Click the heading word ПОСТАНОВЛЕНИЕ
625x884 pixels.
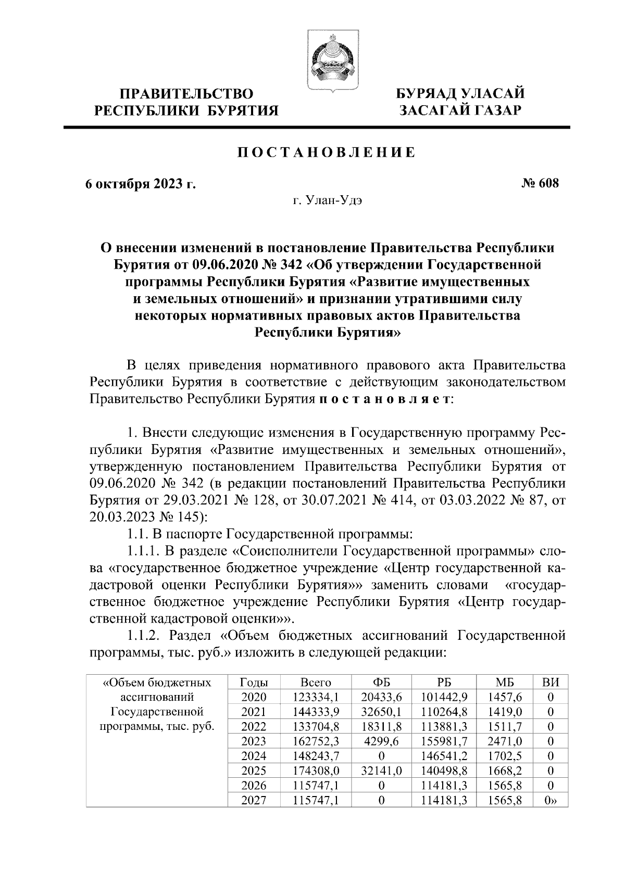(327, 153)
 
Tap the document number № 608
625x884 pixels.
(540, 183)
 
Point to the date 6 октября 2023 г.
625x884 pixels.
(141, 184)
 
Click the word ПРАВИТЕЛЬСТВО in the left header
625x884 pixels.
(186, 94)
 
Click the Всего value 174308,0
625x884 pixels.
(316, 771)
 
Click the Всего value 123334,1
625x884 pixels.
(316, 698)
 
